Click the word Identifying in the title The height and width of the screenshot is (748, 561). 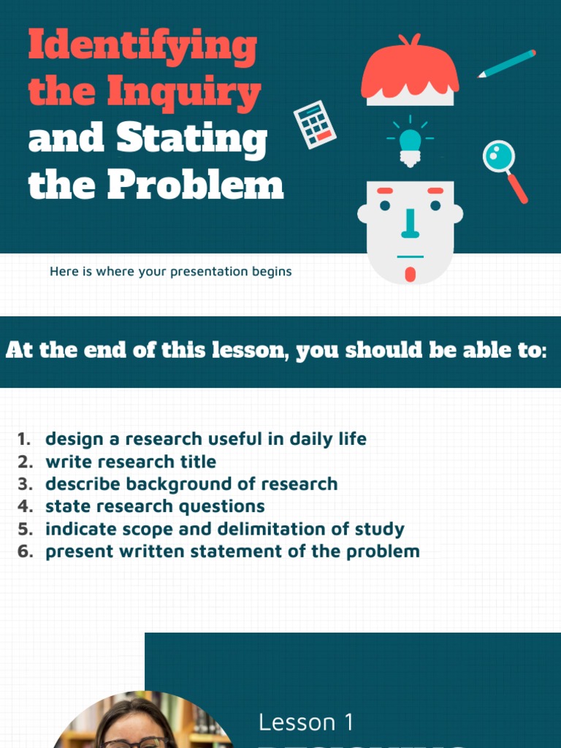(x=142, y=46)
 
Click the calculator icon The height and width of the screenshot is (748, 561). (x=315, y=125)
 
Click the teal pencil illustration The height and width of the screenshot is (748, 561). (x=507, y=64)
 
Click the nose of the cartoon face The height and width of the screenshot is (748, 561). (x=410, y=224)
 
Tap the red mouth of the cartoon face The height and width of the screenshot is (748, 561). (x=410, y=274)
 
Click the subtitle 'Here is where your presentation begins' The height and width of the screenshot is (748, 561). (x=170, y=272)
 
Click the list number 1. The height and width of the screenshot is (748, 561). (x=24, y=439)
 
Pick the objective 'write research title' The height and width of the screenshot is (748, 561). (x=131, y=462)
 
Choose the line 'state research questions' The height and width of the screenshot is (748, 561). (x=155, y=506)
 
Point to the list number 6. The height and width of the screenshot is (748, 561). (x=25, y=552)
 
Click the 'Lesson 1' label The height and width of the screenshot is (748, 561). (x=306, y=722)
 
